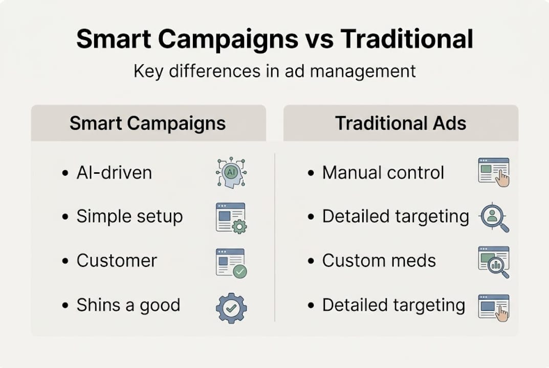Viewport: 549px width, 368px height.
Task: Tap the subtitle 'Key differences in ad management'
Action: click(275, 71)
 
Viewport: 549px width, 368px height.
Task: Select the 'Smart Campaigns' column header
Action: click(147, 124)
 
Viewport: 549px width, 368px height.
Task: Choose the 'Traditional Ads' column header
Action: click(401, 124)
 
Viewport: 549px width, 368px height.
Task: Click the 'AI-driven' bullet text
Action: click(114, 173)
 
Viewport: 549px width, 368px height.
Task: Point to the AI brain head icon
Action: click(231, 173)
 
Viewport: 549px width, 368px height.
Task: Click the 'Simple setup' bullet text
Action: click(129, 217)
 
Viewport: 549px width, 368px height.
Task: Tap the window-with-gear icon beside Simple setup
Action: click(231, 217)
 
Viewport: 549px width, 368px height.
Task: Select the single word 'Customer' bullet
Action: click(117, 261)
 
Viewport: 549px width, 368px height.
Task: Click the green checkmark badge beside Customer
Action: click(239, 271)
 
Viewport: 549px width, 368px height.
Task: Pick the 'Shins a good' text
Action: click(128, 306)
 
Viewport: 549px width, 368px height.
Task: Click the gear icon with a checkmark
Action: click(231, 308)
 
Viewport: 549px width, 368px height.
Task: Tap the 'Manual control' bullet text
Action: click(383, 173)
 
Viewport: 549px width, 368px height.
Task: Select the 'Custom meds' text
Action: click(379, 261)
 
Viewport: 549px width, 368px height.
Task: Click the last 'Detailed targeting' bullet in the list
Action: click(393, 306)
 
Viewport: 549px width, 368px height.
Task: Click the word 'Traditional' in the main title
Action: click(407, 39)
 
